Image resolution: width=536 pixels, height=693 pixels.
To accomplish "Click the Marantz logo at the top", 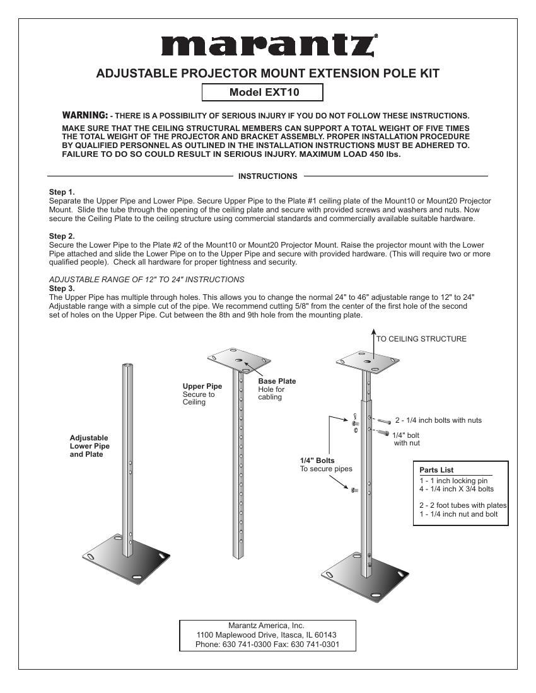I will [x=267, y=45].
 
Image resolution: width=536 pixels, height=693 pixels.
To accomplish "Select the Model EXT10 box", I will [x=262, y=93].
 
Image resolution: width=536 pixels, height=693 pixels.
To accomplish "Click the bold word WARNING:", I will [x=84, y=115].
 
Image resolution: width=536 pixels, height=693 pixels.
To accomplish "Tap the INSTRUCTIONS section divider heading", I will [x=267, y=176].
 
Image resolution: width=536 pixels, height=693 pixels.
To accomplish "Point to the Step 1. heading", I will [x=62, y=192].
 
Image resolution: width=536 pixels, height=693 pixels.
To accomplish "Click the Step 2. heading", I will [x=62, y=236].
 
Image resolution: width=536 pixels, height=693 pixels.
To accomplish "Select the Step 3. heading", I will [x=62, y=288].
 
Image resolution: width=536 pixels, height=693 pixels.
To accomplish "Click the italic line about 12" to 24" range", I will [x=146, y=279].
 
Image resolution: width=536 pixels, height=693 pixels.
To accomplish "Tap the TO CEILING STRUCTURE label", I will [x=421, y=339].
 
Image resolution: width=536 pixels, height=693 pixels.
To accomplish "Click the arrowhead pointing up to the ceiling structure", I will [x=373, y=332].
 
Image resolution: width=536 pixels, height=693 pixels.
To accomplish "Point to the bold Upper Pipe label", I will [x=202, y=386].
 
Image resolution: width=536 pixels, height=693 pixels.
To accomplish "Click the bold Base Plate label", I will [x=277, y=381].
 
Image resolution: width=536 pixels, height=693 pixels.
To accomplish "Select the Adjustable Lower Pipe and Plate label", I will [x=89, y=446].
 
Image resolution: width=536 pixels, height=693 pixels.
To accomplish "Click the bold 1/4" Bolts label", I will [x=317, y=461].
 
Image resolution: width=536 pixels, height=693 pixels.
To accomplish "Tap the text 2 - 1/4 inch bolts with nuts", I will [x=438, y=420].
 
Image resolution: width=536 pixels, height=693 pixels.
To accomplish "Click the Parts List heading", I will [x=436, y=470].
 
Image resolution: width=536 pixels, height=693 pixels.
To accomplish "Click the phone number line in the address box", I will [x=267, y=644].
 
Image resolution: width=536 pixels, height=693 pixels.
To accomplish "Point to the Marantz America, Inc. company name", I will [x=266, y=626].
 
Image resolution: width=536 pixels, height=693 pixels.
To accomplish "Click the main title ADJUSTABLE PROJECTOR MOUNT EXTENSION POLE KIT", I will [x=267, y=74].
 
